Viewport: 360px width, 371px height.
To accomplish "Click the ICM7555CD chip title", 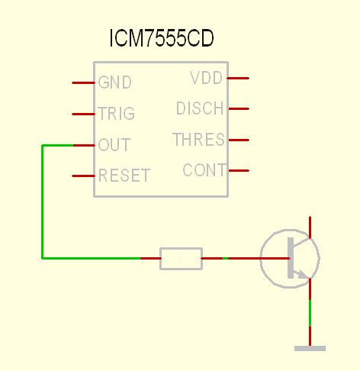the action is (162, 38).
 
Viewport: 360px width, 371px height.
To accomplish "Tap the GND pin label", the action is (115, 82).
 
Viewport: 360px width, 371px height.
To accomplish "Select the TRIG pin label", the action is (117, 113).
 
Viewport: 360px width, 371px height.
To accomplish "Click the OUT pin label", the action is (114, 144).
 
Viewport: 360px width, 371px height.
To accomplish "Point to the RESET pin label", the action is (124, 176).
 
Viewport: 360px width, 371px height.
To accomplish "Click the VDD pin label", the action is (207, 78).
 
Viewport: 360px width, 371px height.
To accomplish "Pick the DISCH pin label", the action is (200, 108).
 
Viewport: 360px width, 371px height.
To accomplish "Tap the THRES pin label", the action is (199, 140).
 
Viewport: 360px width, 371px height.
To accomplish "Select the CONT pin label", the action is (204, 170).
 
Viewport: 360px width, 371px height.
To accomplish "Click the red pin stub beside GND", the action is (83, 82).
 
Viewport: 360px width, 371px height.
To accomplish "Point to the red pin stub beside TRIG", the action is (83, 114).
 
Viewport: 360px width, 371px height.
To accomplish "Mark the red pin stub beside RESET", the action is (83, 176).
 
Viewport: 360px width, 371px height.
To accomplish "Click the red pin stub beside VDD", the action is (238, 78).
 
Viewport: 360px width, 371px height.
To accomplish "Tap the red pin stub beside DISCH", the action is (239, 108).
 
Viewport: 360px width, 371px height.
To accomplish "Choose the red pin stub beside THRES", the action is (239, 140).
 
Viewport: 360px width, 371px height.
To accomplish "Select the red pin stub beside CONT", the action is (239, 170).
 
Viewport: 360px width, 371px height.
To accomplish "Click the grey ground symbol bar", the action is (310, 349).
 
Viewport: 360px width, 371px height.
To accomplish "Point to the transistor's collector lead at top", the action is (310, 227).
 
